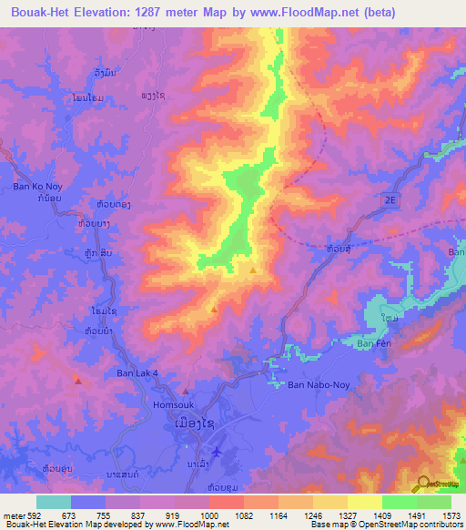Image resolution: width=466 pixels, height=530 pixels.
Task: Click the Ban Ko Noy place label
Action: pyautogui.click(x=35, y=187)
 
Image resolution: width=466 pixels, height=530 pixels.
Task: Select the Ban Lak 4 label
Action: pyautogui.click(x=137, y=373)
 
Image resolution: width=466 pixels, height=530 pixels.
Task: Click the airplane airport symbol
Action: pyautogui.click(x=215, y=452)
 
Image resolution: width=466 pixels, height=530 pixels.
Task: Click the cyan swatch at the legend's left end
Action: pyautogui.click(x=53, y=502)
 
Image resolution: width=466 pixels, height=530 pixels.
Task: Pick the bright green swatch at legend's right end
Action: pyautogui.click(x=434, y=502)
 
